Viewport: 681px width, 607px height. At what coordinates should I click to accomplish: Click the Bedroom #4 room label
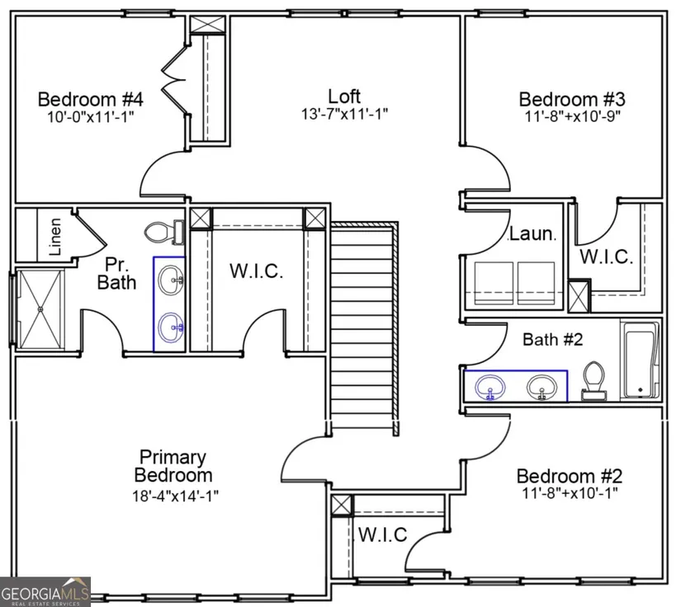[x=90, y=99]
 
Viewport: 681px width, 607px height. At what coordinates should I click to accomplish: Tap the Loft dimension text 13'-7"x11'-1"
[x=344, y=114]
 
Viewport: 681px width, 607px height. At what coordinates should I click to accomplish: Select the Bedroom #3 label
[x=572, y=99]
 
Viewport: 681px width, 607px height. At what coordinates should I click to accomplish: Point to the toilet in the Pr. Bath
[x=164, y=232]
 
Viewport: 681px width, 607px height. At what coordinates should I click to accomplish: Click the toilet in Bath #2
[x=594, y=381]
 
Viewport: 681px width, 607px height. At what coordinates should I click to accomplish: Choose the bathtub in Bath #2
[x=641, y=360]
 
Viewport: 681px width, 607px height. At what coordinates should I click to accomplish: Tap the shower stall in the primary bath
[x=40, y=308]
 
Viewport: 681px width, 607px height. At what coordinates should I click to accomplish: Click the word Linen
[x=54, y=237]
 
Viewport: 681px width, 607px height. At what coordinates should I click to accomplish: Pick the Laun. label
[x=532, y=234]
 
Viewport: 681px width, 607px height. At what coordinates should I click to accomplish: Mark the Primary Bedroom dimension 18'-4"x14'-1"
[x=176, y=495]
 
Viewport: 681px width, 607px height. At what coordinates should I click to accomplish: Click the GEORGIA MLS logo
[x=45, y=592]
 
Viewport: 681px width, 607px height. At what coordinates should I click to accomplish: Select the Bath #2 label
[x=552, y=339]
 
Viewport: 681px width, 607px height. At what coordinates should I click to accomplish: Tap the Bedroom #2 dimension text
[x=570, y=493]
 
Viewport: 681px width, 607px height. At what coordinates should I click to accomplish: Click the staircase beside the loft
[x=364, y=328]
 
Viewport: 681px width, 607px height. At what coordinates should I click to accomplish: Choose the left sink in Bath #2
[x=490, y=387]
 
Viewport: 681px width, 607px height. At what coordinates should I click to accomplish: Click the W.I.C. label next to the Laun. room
[x=607, y=256]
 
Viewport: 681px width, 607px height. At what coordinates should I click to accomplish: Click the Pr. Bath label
[x=116, y=273]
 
